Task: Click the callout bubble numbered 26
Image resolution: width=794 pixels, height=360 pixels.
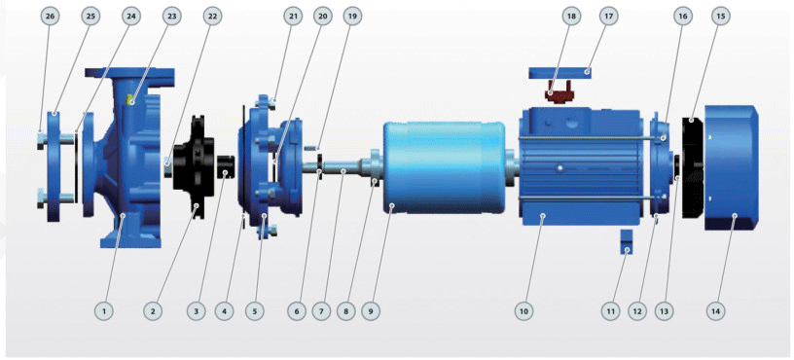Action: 50,17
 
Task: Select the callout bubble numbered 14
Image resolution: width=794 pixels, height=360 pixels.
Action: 715,311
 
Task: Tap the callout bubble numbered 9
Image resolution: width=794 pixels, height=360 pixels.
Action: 371,311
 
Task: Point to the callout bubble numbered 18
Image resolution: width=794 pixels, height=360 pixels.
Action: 571,17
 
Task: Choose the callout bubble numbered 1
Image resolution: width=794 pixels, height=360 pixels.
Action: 104,311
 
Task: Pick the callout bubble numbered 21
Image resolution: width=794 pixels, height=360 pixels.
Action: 293,17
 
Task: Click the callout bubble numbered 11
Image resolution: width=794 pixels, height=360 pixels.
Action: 610,311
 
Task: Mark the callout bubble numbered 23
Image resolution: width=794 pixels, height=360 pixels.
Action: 170,17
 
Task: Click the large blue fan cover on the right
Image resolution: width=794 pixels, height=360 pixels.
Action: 731,167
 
